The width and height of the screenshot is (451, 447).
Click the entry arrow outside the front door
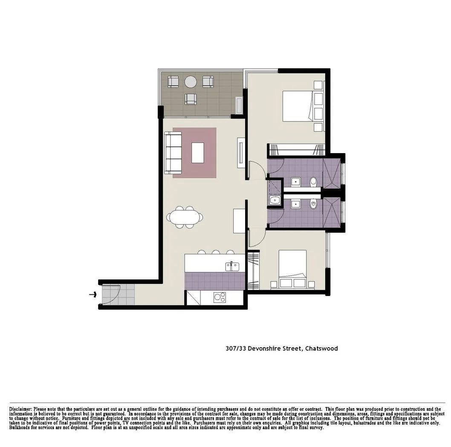coord(92,294)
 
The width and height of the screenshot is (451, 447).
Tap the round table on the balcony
coord(191,81)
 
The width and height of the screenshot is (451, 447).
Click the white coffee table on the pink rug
coord(197,153)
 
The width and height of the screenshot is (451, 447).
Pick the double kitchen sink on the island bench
coord(232,267)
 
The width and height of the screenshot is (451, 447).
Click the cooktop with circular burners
coord(220,297)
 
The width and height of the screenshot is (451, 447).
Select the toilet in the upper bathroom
coord(314,182)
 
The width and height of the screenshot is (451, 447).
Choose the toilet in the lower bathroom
coord(314,205)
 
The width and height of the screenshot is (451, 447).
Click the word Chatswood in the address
coord(321,348)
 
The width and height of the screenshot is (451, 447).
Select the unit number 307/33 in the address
coord(236,348)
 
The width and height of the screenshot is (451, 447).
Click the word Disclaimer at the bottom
coord(20,409)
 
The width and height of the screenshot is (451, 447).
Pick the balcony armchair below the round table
coord(191,99)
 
